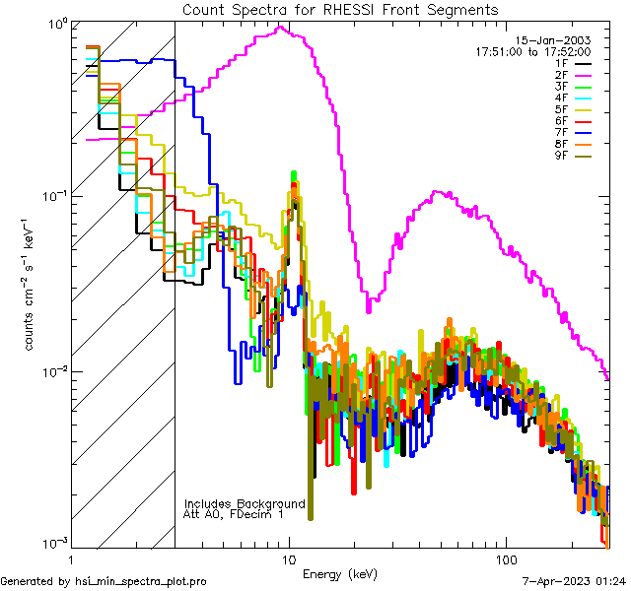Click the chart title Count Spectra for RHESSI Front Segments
(341, 9)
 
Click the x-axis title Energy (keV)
(340, 574)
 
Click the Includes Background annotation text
(245, 503)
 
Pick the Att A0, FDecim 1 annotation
(234, 514)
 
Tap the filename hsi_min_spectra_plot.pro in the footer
(141, 582)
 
